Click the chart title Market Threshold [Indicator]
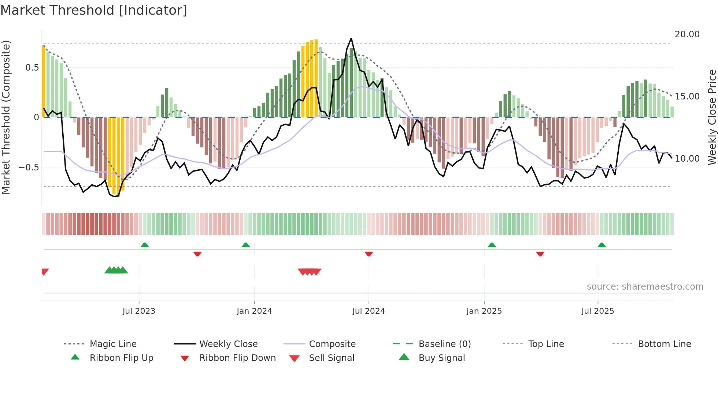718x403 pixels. click(94, 10)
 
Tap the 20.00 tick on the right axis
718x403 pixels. click(687, 34)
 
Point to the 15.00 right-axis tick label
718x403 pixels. click(687, 97)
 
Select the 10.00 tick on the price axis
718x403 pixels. click(687, 159)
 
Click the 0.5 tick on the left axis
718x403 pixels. click(32, 68)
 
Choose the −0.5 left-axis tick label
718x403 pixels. click(29, 167)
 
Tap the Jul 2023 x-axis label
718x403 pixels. click(139, 311)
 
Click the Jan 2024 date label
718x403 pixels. click(254, 311)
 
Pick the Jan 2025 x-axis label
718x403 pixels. click(484, 311)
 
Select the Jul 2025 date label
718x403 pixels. click(597, 311)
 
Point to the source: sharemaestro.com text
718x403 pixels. click(645, 287)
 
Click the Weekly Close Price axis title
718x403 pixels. click(712, 117)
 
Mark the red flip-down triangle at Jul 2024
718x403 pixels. click(369, 254)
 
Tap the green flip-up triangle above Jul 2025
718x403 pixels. click(602, 245)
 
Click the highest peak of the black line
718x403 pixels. click(351, 38)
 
